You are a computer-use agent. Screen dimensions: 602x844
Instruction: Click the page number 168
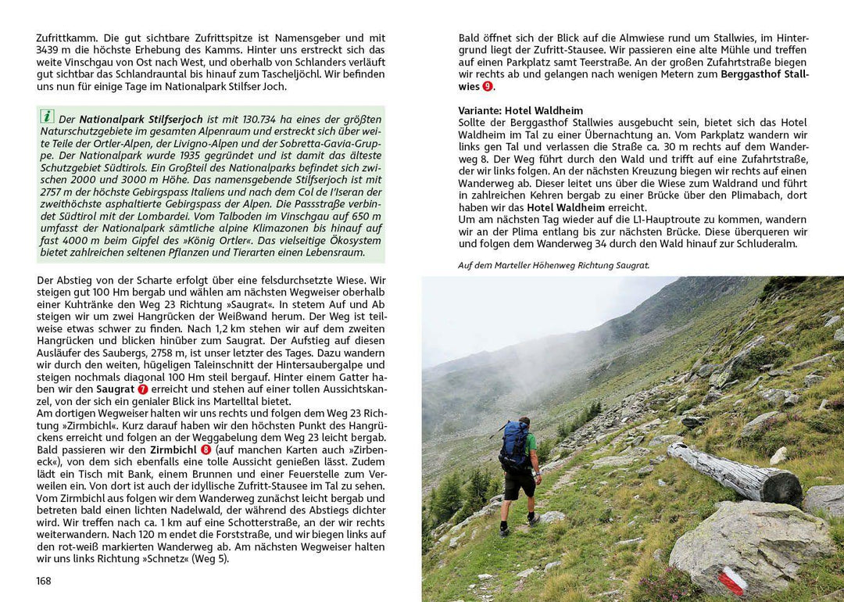(x=44, y=581)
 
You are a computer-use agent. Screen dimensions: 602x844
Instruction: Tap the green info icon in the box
(x=48, y=116)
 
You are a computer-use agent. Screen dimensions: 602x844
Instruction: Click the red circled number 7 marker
(x=143, y=389)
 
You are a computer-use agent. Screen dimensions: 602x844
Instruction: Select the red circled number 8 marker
(x=206, y=450)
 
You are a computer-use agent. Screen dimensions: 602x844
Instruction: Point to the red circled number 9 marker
(x=488, y=87)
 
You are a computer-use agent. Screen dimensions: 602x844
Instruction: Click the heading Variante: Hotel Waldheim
(x=520, y=110)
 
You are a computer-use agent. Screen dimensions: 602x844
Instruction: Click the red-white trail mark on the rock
(x=731, y=581)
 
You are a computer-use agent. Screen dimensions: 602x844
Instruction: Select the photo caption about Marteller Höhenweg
(x=553, y=265)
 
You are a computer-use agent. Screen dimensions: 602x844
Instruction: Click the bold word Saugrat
(x=116, y=389)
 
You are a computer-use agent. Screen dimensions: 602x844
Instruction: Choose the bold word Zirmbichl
(x=174, y=450)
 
